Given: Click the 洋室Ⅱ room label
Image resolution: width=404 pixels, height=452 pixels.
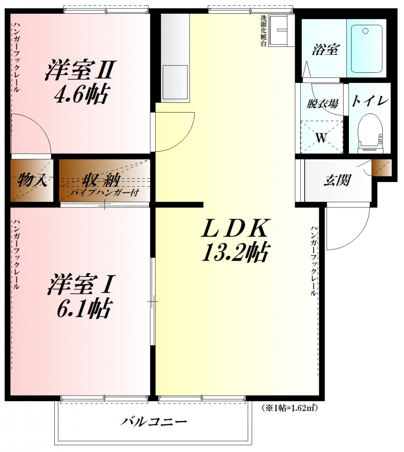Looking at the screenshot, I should [80, 71].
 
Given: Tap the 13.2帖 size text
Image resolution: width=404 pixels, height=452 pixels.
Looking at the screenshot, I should [236, 252].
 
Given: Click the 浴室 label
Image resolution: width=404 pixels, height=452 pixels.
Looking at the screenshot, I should [325, 50].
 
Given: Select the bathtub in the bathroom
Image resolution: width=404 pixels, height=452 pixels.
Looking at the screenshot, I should [367, 48].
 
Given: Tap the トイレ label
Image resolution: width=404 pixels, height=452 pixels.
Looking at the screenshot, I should [370, 101].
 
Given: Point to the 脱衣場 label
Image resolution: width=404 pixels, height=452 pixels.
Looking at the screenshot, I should [322, 104].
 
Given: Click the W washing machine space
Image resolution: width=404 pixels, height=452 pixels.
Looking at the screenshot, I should [322, 138].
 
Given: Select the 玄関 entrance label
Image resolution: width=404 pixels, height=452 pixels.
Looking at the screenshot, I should [338, 181].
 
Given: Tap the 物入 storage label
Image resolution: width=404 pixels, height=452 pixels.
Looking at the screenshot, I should [33, 181].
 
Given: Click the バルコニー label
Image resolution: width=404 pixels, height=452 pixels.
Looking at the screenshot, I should [154, 421].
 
